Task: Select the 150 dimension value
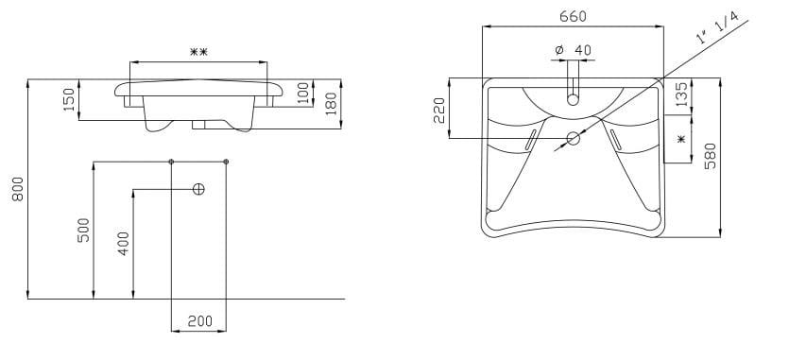69,99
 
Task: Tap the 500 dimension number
82,230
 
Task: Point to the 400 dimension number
123,243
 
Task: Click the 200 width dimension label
199,320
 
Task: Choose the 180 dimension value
330,101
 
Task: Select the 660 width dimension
574,16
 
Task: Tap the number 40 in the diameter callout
582,49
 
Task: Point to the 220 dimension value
438,111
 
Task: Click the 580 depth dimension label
711,157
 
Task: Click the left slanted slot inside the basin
530,140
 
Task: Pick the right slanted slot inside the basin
617,140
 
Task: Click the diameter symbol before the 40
558,49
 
